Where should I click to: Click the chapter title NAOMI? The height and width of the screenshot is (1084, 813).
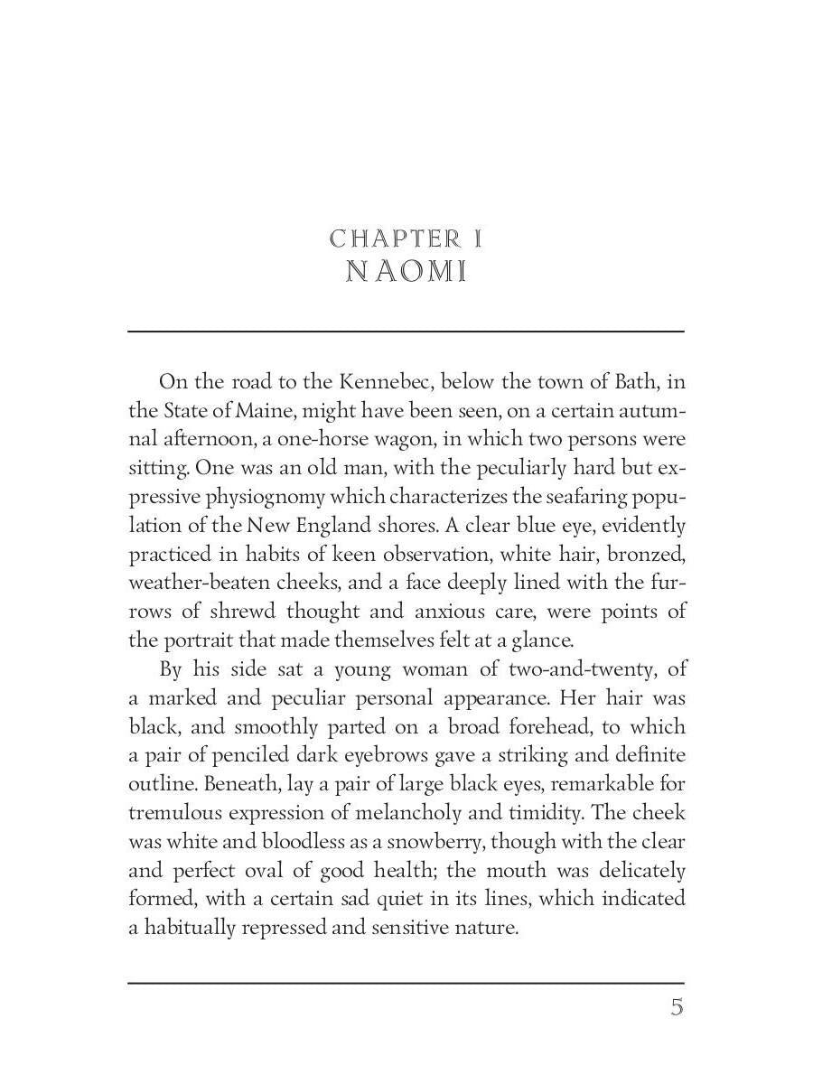click(406, 272)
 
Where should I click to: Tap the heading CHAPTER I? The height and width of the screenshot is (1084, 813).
click(406, 238)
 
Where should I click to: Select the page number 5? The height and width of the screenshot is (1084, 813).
click(677, 1007)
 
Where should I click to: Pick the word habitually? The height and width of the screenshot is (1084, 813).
click(188, 928)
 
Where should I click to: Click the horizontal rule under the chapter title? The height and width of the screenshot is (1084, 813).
click(406, 332)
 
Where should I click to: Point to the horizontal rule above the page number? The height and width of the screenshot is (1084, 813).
click(406, 982)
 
